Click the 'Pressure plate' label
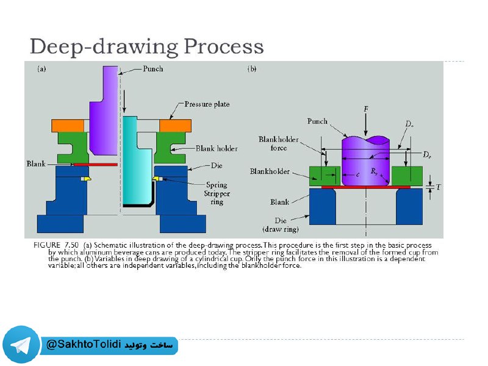(207, 104)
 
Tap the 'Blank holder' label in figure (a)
(217, 148)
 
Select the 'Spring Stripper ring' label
(217, 193)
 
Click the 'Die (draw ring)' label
(281, 224)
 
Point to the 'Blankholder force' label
(279, 143)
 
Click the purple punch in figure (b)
(365, 160)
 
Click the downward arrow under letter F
(365, 124)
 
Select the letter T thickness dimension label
(438, 187)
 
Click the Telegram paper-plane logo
(21, 345)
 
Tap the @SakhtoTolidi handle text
(84, 345)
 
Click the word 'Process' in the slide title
(224, 46)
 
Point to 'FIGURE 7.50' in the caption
(56, 245)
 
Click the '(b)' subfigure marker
(252, 69)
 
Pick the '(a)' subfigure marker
(41, 69)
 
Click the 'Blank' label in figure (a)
(36, 163)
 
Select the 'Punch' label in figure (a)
(153, 68)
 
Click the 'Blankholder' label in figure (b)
(270, 171)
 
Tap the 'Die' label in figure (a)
(217, 165)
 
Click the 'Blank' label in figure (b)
(280, 202)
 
